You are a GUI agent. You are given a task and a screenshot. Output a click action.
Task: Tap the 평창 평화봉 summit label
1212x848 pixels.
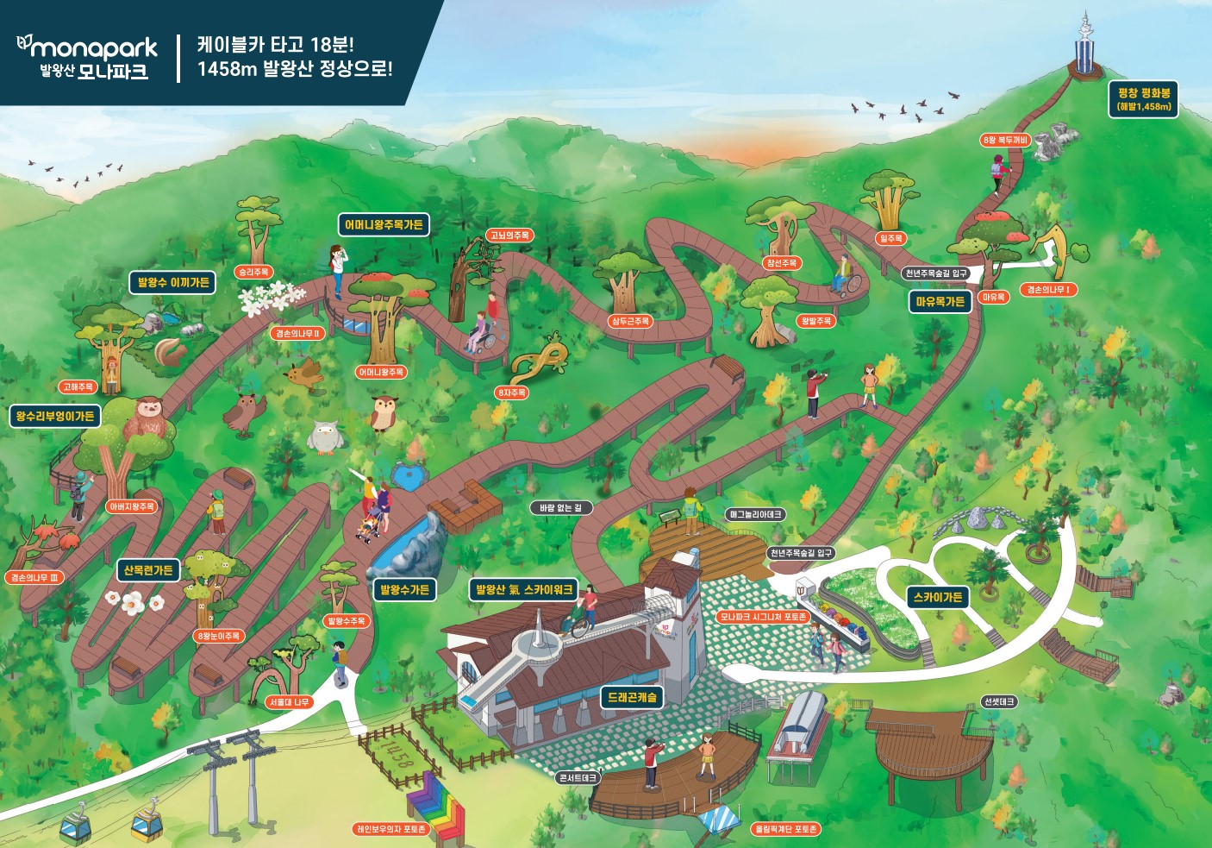pyautogui.click(x=1143, y=99)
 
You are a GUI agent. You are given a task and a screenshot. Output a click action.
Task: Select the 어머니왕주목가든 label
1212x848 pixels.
pyautogui.click(x=384, y=225)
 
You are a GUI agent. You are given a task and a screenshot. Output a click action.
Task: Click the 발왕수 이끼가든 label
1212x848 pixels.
pyautogui.click(x=173, y=282)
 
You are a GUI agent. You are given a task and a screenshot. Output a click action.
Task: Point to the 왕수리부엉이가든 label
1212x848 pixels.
pyautogui.click(x=55, y=417)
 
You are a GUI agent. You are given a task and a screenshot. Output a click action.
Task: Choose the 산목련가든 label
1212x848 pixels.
pyautogui.click(x=147, y=570)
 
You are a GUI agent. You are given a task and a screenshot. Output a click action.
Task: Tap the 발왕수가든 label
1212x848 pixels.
pyautogui.click(x=404, y=590)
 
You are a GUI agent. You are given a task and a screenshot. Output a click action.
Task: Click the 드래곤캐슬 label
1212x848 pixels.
pyautogui.click(x=632, y=697)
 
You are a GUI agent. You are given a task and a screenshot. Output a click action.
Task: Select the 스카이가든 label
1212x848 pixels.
pyautogui.click(x=938, y=597)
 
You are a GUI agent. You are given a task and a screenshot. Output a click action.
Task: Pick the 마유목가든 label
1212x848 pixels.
pyautogui.click(x=940, y=302)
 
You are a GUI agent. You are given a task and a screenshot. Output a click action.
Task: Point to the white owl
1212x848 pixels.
pyautogui.click(x=325, y=437)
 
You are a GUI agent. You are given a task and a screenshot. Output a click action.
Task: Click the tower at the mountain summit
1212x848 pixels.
pyautogui.click(x=1084, y=43)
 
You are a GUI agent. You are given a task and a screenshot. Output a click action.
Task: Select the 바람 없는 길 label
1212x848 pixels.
pyautogui.click(x=560, y=508)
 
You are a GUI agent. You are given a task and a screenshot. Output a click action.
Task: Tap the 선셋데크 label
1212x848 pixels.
pyautogui.click(x=999, y=702)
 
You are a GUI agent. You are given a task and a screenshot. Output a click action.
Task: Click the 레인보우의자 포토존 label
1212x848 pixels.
pyautogui.click(x=392, y=829)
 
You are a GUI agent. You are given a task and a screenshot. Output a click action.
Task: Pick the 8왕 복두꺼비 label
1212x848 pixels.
pyautogui.click(x=1005, y=140)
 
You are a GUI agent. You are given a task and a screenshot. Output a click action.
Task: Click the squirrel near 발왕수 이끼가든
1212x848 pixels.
pyautogui.click(x=168, y=350)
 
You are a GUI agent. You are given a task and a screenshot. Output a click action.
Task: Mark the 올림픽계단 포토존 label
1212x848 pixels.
pyautogui.click(x=786, y=829)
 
